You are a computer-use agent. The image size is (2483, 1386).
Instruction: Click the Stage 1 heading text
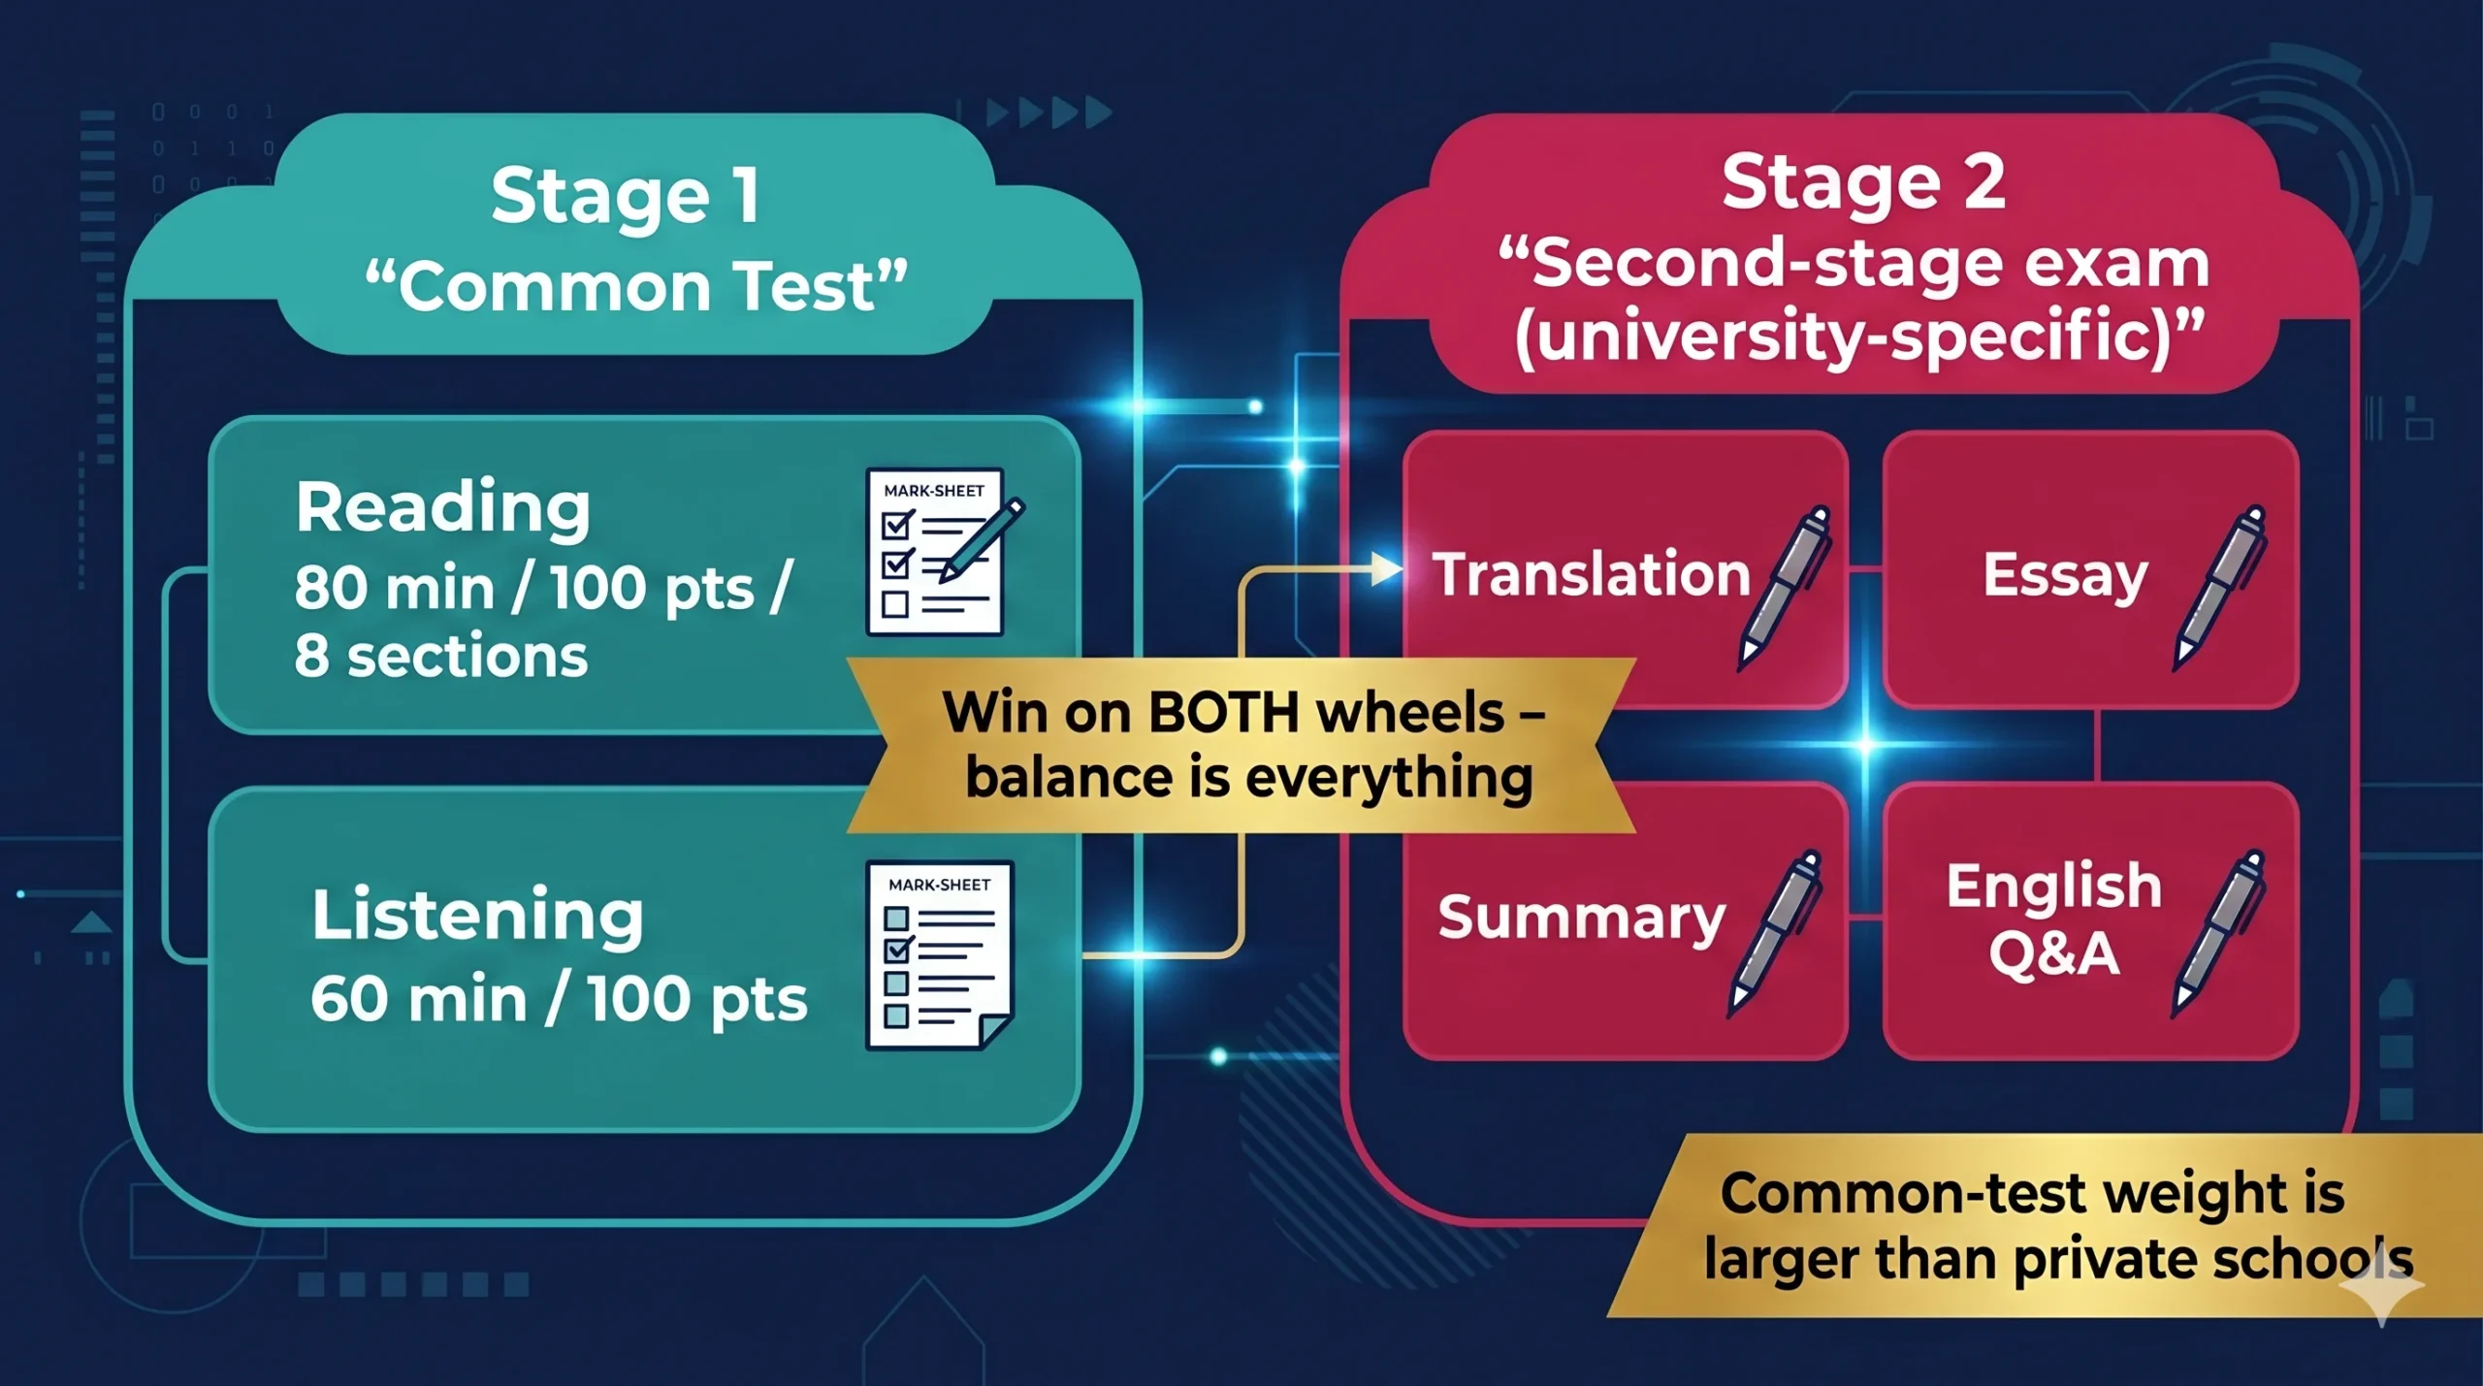coord(626,196)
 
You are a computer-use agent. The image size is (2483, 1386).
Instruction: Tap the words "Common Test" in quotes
coord(636,287)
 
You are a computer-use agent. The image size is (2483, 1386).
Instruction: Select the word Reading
coord(443,508)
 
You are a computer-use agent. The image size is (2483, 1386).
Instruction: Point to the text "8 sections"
coord(441,657)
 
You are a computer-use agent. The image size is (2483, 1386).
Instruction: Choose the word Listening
coord(477,915)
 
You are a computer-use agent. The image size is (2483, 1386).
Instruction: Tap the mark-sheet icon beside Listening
coord(939,954)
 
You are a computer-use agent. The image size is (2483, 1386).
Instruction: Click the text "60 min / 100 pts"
coord(559,999)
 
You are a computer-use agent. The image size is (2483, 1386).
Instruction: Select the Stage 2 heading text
coord(1863,183)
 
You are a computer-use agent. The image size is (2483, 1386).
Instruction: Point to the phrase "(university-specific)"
coord(1859,337)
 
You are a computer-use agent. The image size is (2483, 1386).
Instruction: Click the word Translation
coord(1592,574)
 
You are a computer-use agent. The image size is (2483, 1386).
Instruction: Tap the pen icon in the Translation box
coord(1784,588)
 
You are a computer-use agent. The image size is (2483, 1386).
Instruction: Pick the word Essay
coord(2065,576)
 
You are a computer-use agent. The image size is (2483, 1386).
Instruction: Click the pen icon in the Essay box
coord(2219,588)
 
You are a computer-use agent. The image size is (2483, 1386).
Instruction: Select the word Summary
coord(1582,918)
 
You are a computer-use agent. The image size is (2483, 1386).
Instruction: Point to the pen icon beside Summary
coord(1774,934)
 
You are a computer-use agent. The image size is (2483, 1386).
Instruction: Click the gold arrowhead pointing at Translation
coord(1386,569)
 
